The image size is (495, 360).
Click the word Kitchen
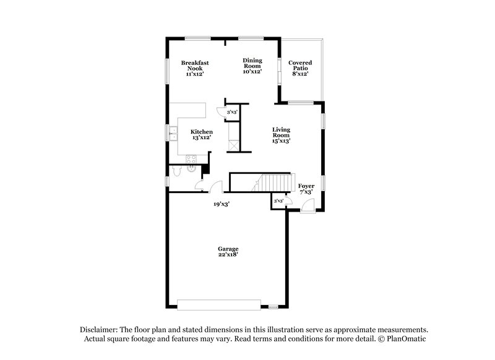point(202,132)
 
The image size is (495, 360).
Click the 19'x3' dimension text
point(222,204)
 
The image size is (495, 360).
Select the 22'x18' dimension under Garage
point(228,255)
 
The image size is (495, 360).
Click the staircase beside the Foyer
point(273,182)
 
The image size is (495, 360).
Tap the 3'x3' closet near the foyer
point(278,202)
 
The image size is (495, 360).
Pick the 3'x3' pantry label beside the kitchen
point(233,113)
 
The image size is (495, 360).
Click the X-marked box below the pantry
point(233,144)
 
